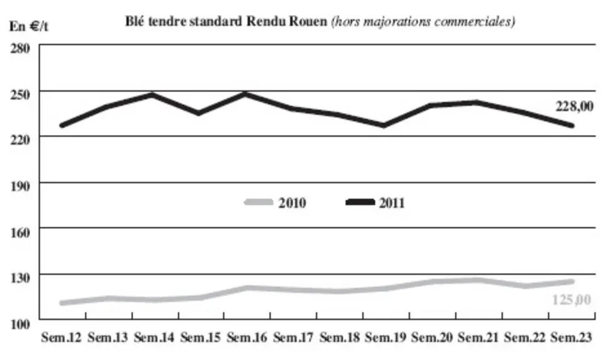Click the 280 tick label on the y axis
(20, 49)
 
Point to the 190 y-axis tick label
(20, 186)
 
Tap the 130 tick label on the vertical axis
(20, 278)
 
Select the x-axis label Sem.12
(61, 337)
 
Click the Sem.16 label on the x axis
(247, 337)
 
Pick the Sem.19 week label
(385, 337)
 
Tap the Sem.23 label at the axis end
(571, 337)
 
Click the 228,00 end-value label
(574, 106)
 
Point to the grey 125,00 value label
(572, 299)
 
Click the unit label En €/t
(29, 27)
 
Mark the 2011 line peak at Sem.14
(152, 94)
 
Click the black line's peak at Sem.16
(245, 94)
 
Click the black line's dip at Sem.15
(199, 113)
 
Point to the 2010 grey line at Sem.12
(62, 302)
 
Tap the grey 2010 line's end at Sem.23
(572, 281)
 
